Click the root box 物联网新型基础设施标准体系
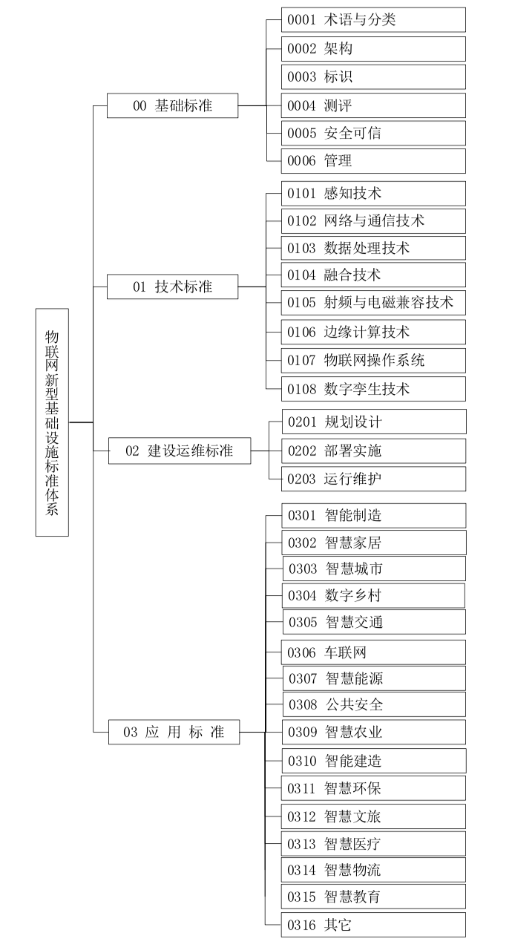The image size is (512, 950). pos(52,422)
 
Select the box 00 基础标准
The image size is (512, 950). pos(172,105)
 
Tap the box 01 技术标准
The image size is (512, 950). pos(172,286)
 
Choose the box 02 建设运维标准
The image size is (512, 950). pos(179,451)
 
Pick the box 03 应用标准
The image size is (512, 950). pos(174,733)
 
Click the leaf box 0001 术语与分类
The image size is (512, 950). pos(373,20)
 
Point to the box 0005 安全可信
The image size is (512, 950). pos(373,134)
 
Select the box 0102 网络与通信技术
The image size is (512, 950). pos(373,221)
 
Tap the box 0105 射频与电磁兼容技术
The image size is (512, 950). pos(373,303)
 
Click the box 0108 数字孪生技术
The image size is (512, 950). pos(373,389)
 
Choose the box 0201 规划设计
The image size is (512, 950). pos(374,422)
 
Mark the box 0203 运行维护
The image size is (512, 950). pos(374,479)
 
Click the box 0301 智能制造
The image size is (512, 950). pos(373,515)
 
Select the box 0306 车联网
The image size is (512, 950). pos(373,652)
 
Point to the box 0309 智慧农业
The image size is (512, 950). pos(373,733)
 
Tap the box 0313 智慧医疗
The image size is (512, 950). pos(373,844)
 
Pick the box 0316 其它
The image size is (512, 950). pos(373,925)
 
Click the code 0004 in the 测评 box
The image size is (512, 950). pos(302,105)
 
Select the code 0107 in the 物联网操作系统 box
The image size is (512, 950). pos(302,361)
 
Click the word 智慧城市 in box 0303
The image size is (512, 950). pos(354,569)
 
